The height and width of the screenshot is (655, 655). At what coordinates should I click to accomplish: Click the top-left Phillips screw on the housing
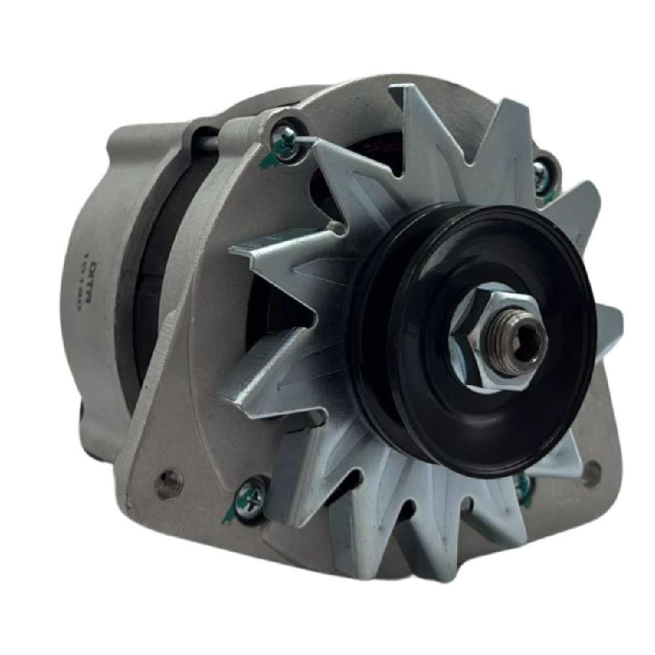click(x=286, y=139)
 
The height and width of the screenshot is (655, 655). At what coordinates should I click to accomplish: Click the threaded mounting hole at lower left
click(x=166, y=483)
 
